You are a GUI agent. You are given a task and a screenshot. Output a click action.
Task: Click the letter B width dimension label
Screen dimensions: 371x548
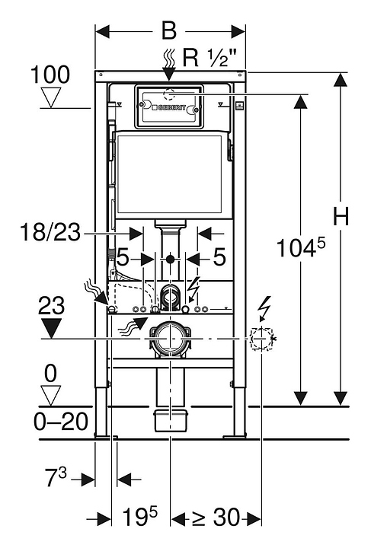click(x=169, y=31)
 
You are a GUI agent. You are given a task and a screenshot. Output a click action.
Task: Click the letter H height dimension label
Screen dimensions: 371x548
click(x=341, y=217)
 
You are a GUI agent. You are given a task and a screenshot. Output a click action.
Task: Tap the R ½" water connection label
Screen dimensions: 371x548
click(x=209, y=57)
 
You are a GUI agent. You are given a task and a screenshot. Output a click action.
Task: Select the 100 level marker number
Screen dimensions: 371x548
click(x=50, y=75)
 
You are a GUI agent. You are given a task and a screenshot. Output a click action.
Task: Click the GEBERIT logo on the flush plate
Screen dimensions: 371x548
click(x=169, y=108)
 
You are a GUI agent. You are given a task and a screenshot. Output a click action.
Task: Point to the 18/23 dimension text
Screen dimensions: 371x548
click(x=51, y=232)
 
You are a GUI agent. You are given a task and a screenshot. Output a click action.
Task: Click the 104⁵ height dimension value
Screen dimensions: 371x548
click(x=301, y=247)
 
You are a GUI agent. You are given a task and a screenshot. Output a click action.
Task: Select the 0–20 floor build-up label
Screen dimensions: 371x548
click(x=61, y=422)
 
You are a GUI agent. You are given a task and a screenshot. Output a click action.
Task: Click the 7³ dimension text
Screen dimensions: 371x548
click(x=56, y=477)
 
